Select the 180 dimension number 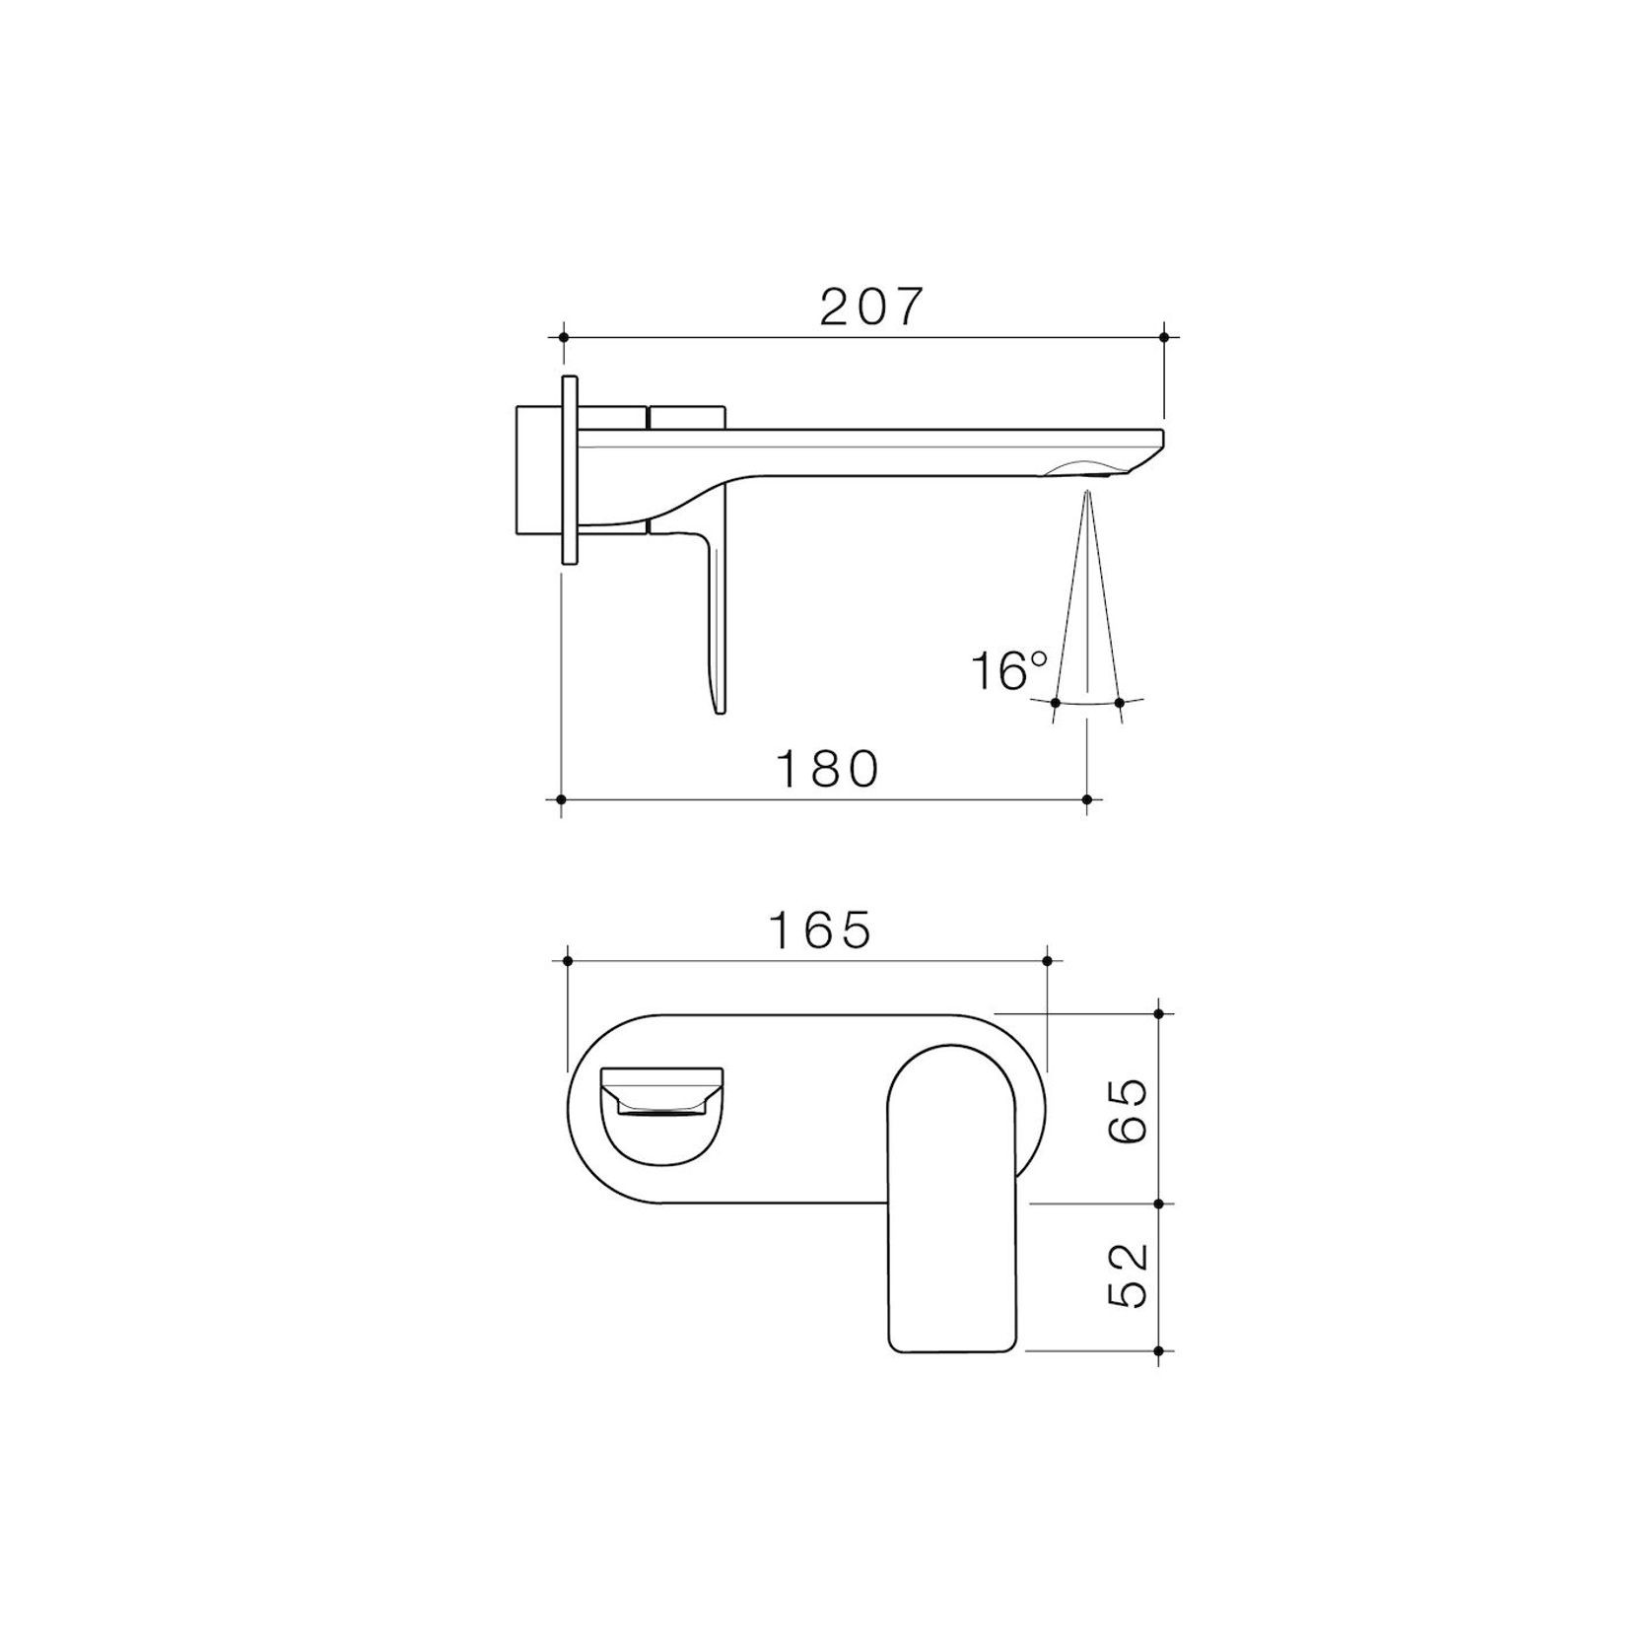coord(828,770)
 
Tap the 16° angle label coord(1008,671)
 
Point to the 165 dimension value coord(820,929)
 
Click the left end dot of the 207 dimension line coord(563,337)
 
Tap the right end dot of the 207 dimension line coord(1164,337)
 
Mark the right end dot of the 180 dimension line coord(1086,799)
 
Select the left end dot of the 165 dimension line coord(567,960)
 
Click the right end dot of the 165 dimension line coord(1047,960)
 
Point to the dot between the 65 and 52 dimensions coord(1158,1204)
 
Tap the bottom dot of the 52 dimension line coord(1158,1350)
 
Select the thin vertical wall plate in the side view coord(569,469)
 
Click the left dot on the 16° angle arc coord(1056,703)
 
